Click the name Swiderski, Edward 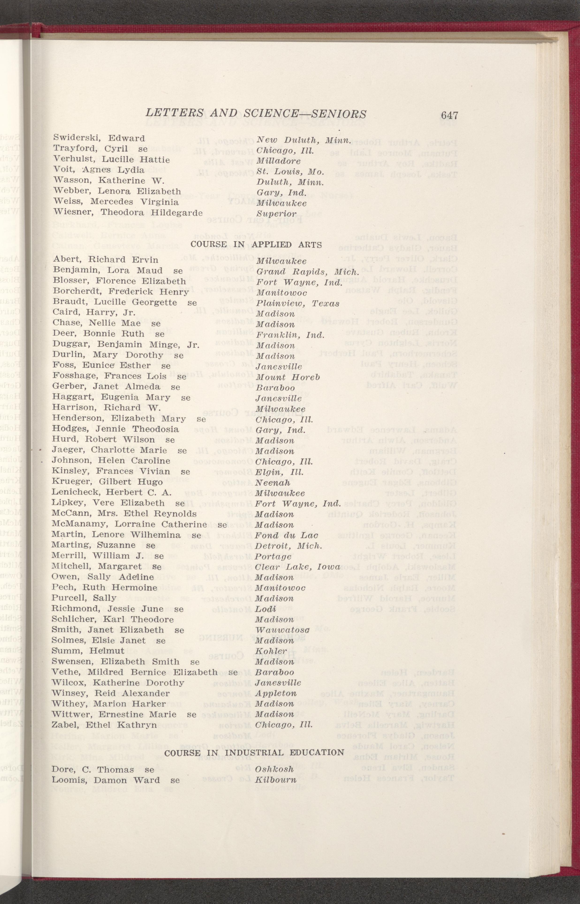(x=99, y=138)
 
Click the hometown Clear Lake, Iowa (x=298, y=567)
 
